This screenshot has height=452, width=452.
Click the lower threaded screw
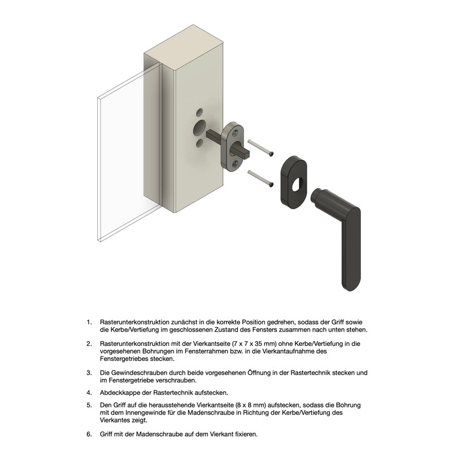click(x=260, y=179)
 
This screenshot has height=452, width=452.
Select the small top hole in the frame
click(x=199, y=112)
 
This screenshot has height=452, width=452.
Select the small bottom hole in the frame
click(x=199, y=143)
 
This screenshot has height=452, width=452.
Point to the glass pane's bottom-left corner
click(x=98, y=241)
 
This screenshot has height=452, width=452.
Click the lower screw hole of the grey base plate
click(x=236, y=164)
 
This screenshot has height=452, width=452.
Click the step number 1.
click(x=89, y=322)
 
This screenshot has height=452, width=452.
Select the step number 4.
click(x=89, y=393)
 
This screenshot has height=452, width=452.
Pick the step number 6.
click(x=89, y=434)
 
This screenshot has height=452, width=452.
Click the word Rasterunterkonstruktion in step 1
click(x=134, y=322)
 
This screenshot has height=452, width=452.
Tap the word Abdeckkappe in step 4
click(x=119, y=393)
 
